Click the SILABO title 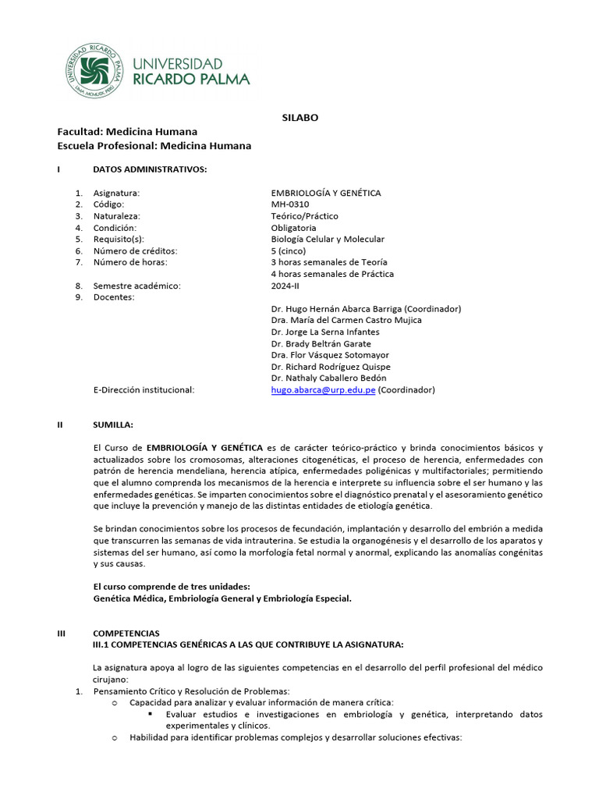299,118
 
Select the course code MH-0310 289,204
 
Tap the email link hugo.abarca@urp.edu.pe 323,389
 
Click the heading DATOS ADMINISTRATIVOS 150,169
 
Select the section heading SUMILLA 113,424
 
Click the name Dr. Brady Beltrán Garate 321,343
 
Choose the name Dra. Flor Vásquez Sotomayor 331,355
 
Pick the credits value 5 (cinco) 292,251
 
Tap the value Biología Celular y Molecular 328,240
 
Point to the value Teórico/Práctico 305,216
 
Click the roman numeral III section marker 62,634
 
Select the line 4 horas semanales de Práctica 332,274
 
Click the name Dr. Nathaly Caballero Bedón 328,378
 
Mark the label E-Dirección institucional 144,389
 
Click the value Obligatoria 294,228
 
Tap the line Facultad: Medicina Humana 127,132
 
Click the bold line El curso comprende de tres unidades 172,587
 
